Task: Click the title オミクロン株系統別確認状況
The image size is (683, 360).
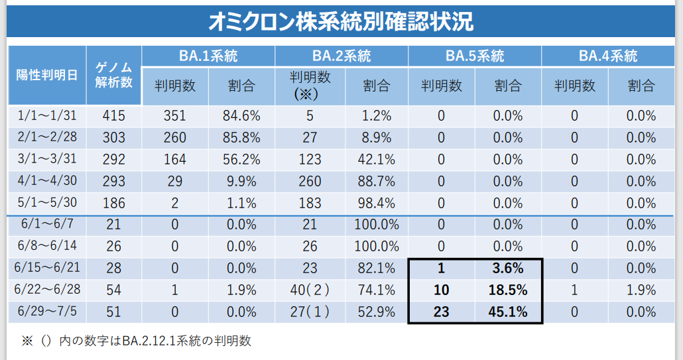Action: (341, 22)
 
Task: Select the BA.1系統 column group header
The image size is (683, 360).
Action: (208, 56)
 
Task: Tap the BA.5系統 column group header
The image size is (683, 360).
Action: (475, 56)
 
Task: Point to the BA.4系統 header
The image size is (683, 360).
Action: (608, 56)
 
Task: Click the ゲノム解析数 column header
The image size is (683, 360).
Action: (113, 75)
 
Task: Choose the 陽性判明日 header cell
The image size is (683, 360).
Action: (46, 75)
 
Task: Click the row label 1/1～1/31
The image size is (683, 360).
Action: (46, 116)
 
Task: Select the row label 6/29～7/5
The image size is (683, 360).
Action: (46, 312)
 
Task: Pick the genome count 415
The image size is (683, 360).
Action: (113, 116)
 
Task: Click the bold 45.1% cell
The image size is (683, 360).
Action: (508, 312)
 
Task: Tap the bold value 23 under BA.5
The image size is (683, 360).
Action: (441, 312)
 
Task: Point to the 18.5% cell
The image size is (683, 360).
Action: (508, 290)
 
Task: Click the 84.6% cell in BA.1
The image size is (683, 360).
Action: (241, 116)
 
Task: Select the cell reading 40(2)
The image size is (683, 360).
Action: (310, 290)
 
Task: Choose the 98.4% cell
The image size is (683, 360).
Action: (377, 203)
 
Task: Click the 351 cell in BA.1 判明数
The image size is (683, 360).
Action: (175, 116)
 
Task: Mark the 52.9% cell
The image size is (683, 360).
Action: (377, 312)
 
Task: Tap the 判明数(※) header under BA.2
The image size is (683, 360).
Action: (310, 86)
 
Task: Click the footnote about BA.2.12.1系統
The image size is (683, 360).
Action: (137, 341)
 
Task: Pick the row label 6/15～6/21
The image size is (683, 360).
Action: (46, 269)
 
